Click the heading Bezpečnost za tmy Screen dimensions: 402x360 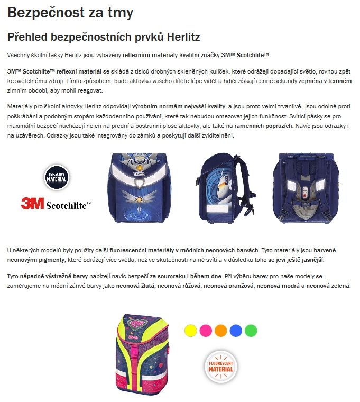[x=70, y=13]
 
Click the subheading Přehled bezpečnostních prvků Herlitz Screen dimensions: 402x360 [x=103, y=37]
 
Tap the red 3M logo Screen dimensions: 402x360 [x=32, y=203]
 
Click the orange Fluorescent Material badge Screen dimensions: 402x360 [x=220, y=365]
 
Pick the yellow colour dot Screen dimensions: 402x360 [x=190, y=331]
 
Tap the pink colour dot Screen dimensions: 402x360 [x=206, y=331]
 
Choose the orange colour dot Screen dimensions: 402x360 [x=220, y=331]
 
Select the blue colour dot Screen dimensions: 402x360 [x=236, y=331]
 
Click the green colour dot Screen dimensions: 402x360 [x=251, y=331]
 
